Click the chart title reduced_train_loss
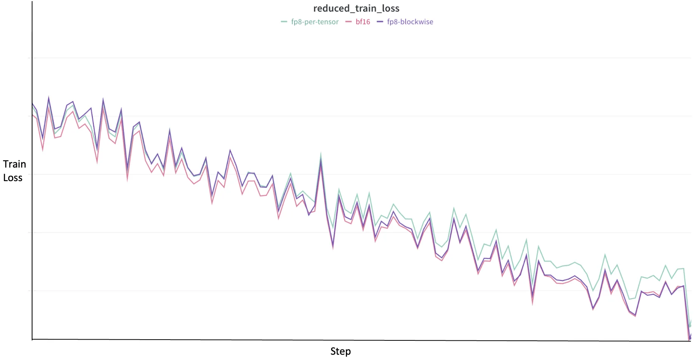(356, 8)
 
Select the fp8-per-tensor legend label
(315, 22)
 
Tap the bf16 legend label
(362, 22)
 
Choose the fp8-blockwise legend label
(410, 22)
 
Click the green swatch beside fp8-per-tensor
(284, 22)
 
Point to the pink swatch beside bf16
(348, 22)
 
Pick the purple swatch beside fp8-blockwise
(380, 22)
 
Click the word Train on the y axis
(14, 164)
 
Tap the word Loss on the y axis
(13, 178)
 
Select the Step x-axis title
(340, 351)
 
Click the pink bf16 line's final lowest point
(689, 339)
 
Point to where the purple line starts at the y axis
(32, 103)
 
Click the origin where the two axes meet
(32, 339)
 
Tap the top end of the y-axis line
(32, 2)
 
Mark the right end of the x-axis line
(691, 341)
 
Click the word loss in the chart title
(391, 8)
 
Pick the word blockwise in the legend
(416, 22)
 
